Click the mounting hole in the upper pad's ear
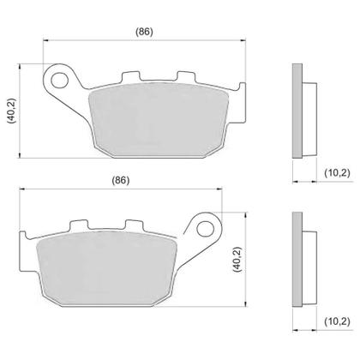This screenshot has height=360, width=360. coord(61,80)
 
